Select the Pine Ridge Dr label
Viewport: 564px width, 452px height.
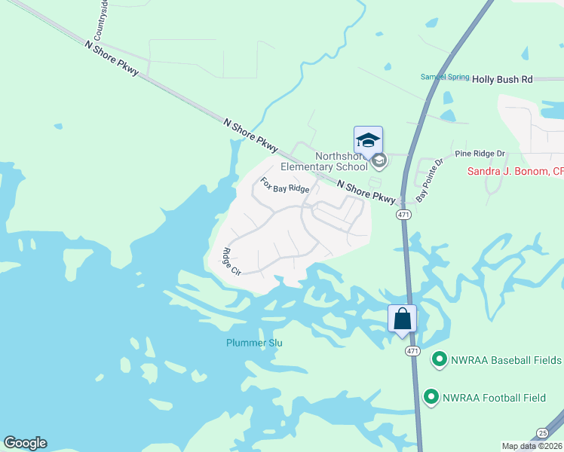[480, 154]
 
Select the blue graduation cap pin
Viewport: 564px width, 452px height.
[368, 141]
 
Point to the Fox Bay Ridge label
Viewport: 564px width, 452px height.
[284, 185]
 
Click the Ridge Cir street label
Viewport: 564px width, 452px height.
[231, 261]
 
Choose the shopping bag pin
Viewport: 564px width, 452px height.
[402, 319]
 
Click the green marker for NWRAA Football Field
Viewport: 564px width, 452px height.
[431, 396]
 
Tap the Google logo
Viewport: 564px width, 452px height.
[26, 443]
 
